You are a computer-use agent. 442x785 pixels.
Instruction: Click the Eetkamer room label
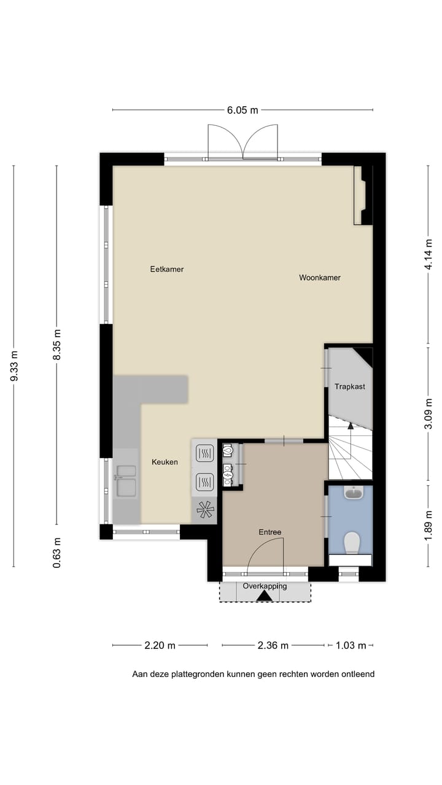[167, 269]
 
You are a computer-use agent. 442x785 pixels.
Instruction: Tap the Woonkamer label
[320, 278]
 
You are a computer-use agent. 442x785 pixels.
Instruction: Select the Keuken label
[165, 462]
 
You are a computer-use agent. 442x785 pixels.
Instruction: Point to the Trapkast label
[350, 386]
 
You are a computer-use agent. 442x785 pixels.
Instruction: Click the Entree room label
[269, 532]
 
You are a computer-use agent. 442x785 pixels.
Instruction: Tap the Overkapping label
[265, 586]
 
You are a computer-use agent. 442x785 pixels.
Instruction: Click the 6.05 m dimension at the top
[242, 110]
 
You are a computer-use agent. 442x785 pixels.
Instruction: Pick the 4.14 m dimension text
[428, 254]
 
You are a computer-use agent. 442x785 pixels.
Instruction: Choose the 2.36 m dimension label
[273, 645]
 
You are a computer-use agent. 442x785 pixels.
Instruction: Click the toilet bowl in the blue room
[352, 542]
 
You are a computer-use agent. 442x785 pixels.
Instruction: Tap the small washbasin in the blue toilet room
[354, 492]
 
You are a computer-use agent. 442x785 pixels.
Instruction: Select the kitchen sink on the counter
[126, 480]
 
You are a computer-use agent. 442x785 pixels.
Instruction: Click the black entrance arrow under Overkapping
[265, 595]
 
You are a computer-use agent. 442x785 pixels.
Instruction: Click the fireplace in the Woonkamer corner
[363, 196]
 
